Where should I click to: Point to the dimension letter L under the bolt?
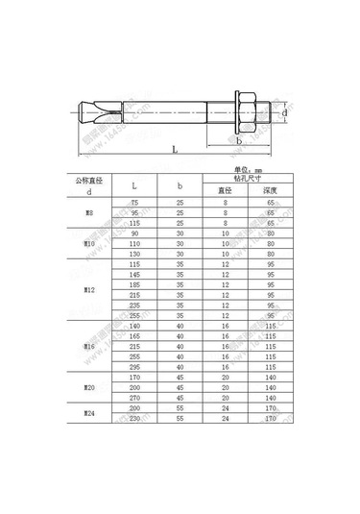[x=173, y=149]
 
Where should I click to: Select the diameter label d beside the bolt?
[x=285, y=112]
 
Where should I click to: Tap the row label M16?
[x=89, y=346]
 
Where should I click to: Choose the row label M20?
[x=89, y=389]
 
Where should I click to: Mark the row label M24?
[x=89, y=412]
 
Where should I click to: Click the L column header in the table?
[x=133, y=184]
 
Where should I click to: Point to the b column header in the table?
[x=180, y=184]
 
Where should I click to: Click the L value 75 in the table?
[x=133, y=204]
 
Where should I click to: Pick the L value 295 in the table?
[x=133, y=367]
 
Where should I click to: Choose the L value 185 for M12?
[x=133, y=286]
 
